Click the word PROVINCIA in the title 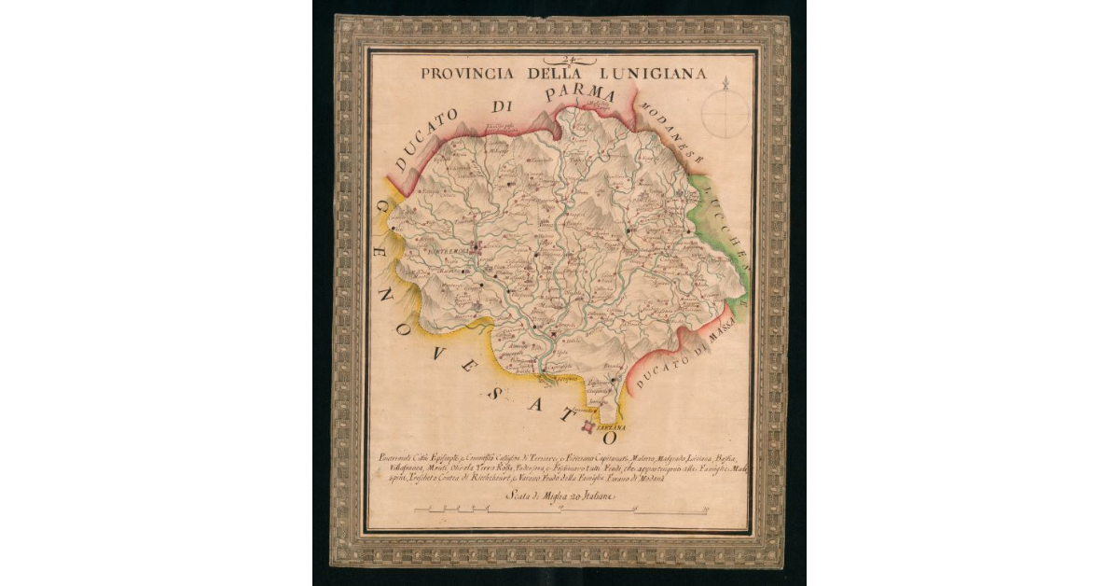(x=457, y=73)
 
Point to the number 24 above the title (x=563, y=60)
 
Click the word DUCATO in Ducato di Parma (x=428, y=140)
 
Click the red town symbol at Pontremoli (x=477, y=248)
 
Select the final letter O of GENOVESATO (x=611, y=436)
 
